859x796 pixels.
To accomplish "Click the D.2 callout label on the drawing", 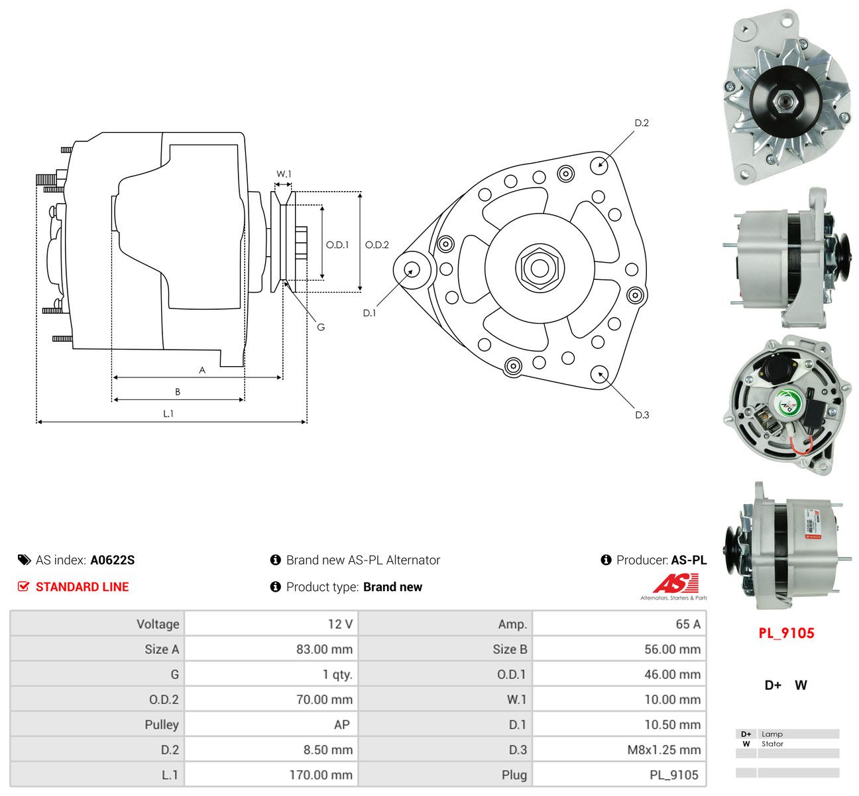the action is [641, 123].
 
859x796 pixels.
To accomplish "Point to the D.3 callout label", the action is [642, 415].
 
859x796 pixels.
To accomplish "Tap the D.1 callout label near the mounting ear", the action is [369, 312].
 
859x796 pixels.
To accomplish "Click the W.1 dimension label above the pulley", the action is [284, 174].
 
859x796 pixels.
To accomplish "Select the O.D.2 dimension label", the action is [376, 245].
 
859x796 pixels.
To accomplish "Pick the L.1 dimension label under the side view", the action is [168, 414].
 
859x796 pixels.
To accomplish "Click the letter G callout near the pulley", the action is [321, 328].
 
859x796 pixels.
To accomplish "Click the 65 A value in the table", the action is [688, 624].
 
